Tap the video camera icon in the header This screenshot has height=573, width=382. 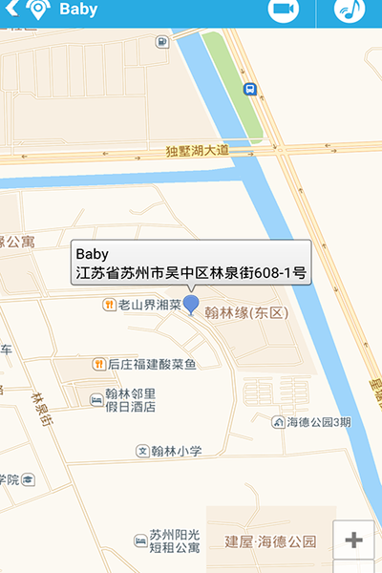[x=281, y=10]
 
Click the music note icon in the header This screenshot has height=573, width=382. [x=349, y=10]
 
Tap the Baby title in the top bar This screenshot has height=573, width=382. [x=78, y=10]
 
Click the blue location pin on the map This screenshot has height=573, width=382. [x=191, y=305]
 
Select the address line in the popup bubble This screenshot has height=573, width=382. [x=191, y=273]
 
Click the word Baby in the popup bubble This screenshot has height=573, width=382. [x=93, y=254]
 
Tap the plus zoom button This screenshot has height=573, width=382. [x=354, y=541]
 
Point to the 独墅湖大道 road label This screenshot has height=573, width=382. [x=198, y=151]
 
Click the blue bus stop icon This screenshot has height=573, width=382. [x=249, y=89]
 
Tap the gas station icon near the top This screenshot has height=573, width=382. [x=162, y=41]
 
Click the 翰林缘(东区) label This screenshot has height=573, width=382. [x=246, y=312]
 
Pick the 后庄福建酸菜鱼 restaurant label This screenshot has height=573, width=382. [x=151, y=364]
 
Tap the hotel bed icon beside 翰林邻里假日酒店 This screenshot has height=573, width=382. [x=96, y=399]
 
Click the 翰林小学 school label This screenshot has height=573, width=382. [x=176, y=451]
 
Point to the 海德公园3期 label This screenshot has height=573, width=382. [x=318, y=422]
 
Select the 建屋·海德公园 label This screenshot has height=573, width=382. [x=269, y=542]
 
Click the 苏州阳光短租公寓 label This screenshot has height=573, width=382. [x=167, y=541]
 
